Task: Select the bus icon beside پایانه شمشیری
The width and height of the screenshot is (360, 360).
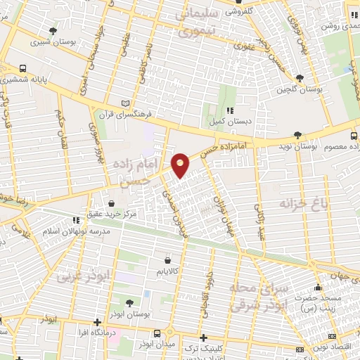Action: pyautogui.click(x=24, y=69)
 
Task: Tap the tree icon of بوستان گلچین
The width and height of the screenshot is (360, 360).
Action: pyautogui.click(x=300, y=78)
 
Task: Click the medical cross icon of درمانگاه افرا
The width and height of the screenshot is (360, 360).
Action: pyautogui.click(x=97, y=322)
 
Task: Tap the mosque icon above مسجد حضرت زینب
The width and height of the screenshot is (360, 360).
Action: pyautogui.click(x=318, y=288)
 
